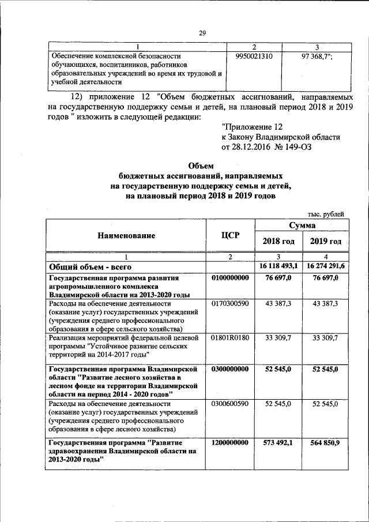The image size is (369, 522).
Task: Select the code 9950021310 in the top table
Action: click(254, 57)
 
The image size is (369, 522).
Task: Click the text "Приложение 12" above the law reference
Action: click(252, 126)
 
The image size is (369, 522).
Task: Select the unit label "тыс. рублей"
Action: click(325, 214)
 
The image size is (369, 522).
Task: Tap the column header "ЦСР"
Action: click(230, 235)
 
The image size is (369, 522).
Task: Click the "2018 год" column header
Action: click(278, 241)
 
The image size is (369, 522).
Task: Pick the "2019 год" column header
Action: click(325, 241)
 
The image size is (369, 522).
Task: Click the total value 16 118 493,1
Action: click(278, 266)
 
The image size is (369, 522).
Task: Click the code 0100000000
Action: click(230, 278)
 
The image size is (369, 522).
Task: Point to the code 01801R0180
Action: click(230, 337)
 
